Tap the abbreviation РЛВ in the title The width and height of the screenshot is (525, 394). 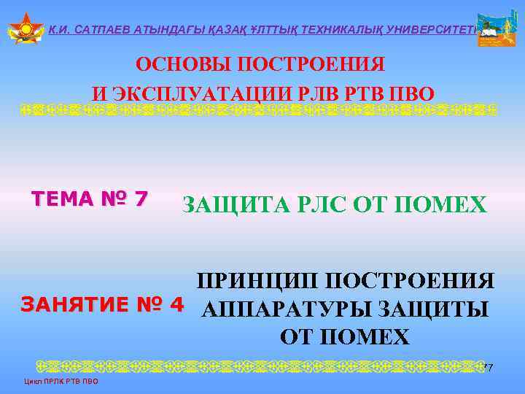[x=316, y=94]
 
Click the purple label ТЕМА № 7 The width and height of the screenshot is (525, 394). [x=89, y=198]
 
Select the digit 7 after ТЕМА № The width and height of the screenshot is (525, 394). [x=141, y=198]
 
